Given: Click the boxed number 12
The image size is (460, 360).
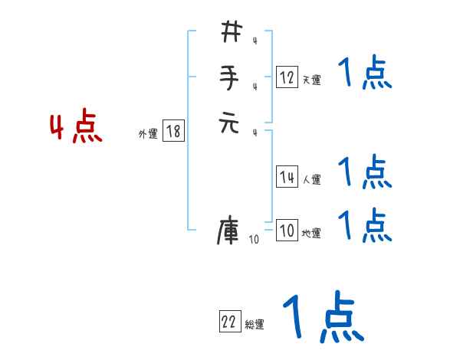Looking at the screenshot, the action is pyautogui.click(x=287, y=77).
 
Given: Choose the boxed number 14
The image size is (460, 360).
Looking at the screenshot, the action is pyautogui.click(x=287, y=178).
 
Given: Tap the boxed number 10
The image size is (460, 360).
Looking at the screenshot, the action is pyautogui.click(x=286, y=231).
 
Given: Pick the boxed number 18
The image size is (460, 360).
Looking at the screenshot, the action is pyautogui.click(x=173, y=132).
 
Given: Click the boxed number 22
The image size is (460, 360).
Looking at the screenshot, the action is pyautogui.click(x=228, y=323).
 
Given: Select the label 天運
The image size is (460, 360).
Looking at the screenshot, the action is pyautogui.click(x=311, y=80).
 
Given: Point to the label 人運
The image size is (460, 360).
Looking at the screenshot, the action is pyautogui.click(x=311, y=180).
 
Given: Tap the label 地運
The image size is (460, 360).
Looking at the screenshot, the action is pyautogui.click(x=311, y=234).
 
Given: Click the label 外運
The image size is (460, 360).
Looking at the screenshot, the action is pyautogui.click(x=148, y=134).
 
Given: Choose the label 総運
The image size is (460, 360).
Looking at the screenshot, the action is pyautogui.click(x=255, y=325).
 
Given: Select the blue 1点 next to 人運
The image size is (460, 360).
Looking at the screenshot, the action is pyautogui.click(x=364, y=172).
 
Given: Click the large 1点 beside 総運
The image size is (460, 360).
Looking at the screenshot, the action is pyautogui.click(x=322, y=318).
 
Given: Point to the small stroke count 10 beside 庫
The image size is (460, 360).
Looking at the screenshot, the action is pyautogui.click(x=254, y=240).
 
